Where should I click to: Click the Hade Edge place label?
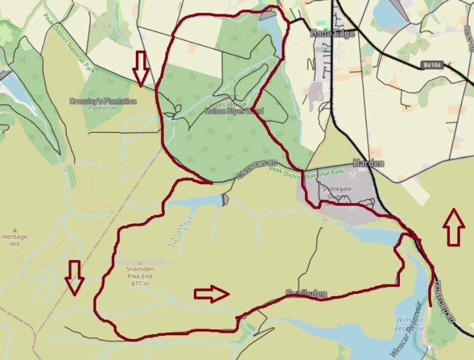point(333,33)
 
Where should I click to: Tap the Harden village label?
point(368,164)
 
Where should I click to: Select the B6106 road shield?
point(434,64)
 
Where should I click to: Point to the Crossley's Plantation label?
point(102,101)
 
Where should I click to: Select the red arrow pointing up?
point(454,227)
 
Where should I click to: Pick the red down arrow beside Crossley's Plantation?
point(141,68)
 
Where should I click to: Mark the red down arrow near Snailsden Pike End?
point(75,277)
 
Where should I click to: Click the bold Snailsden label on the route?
point(306,294)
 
